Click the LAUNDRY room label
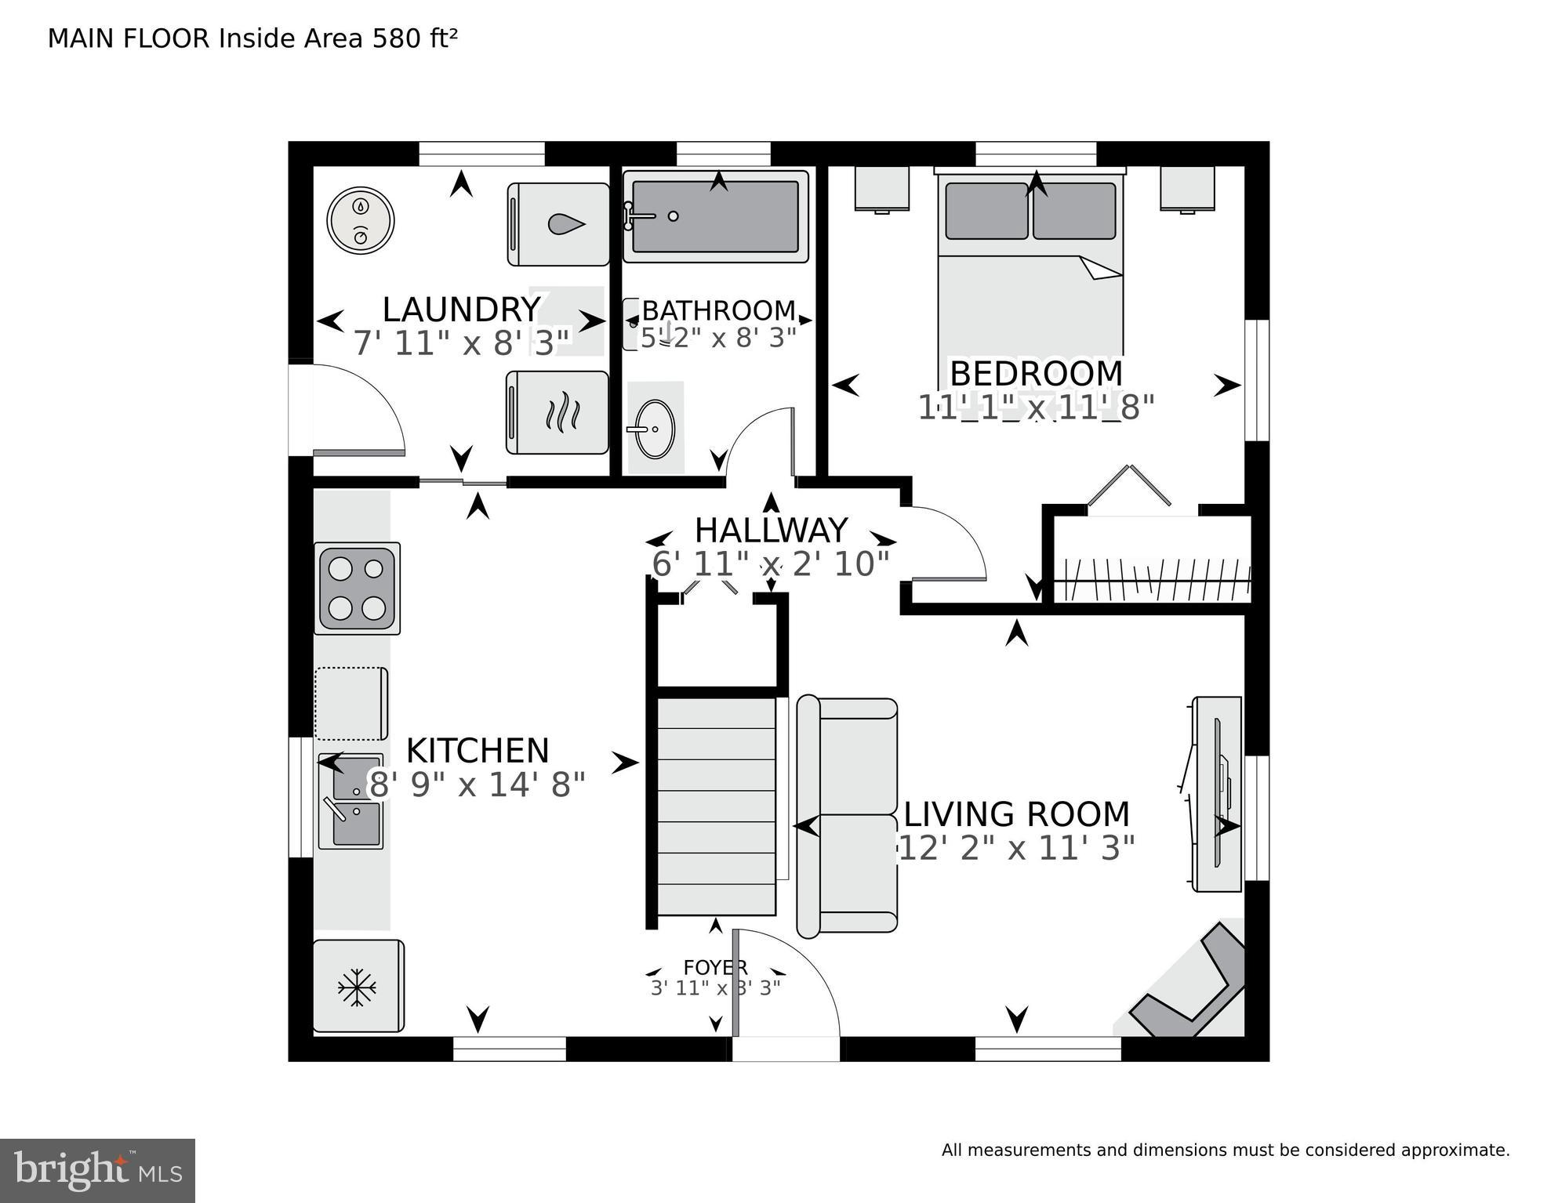461,310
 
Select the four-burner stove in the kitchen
357,588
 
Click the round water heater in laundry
360,220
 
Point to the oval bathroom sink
654,429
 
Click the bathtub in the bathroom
715,216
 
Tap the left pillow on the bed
986,211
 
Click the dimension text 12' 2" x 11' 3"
1016,848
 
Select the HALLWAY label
771,531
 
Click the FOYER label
715,968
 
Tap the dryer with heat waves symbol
557,412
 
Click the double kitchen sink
350,801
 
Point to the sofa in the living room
847,816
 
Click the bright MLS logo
97,1171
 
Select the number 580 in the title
397,38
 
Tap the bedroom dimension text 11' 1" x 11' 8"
1036,408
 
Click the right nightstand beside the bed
1187,188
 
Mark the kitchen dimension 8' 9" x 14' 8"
478,784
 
